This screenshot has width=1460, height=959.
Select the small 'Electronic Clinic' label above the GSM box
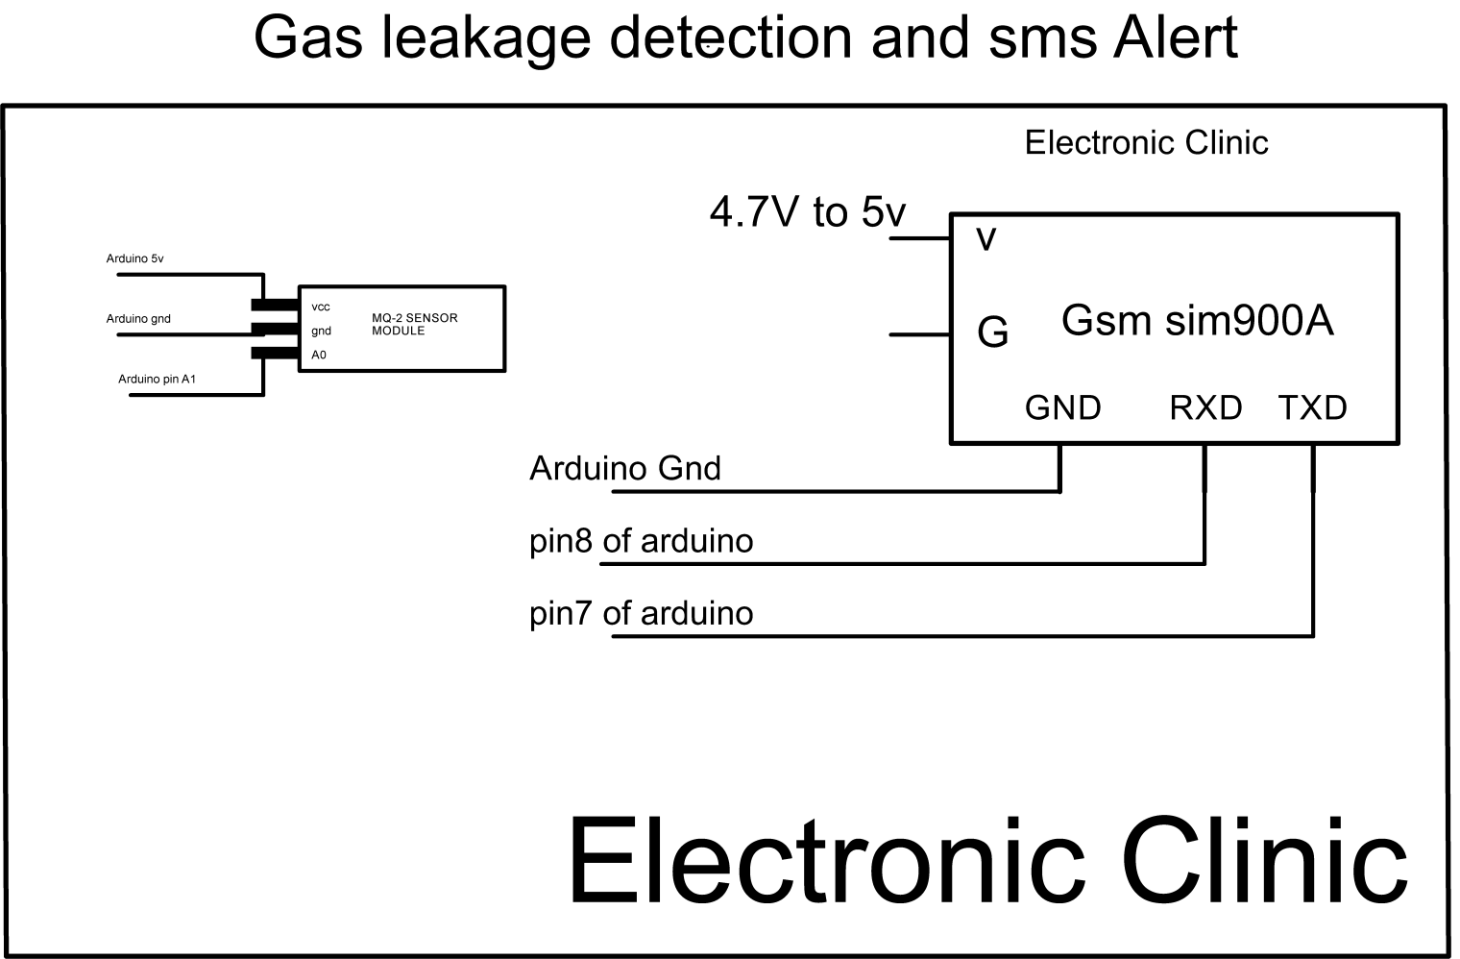(1146, 143)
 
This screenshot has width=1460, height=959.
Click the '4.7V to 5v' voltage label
(808, 212)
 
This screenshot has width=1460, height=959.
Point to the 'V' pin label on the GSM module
(986, 239)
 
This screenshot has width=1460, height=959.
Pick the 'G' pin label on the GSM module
(992, 332)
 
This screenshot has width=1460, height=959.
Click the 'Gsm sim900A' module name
(1197, 320)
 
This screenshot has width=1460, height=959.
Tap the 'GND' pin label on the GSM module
(1062, 407)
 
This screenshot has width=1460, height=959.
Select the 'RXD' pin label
(1205, 407)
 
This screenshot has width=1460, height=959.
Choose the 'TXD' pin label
(1312, 407)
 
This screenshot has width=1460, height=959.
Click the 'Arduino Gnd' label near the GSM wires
(625, 468)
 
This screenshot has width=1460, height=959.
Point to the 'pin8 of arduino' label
(641, 541)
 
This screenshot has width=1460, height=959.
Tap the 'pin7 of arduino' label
(641, 613)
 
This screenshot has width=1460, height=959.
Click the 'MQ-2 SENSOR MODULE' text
(414, 324)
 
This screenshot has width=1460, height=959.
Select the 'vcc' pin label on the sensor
(321, 307)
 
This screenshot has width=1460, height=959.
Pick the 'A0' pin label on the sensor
(319, 355)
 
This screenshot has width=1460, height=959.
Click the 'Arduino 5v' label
(134, 258)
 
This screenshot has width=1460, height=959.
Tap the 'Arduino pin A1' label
(157, 379)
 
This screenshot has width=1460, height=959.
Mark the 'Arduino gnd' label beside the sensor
(138, 319)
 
